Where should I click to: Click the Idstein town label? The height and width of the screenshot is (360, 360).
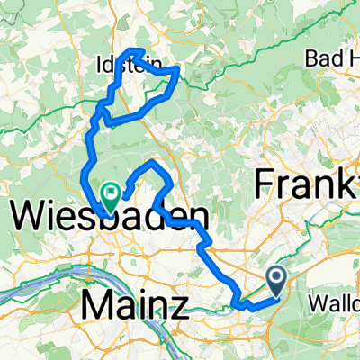[x=121, y=65]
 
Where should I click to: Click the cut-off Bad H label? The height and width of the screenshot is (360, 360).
[x=333, y=59]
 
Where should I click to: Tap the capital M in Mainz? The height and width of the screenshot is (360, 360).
[x=96, y=304]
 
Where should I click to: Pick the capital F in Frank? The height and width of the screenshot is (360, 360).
[x=268, y=184]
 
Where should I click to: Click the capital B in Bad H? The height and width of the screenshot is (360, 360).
[x=311, y=59]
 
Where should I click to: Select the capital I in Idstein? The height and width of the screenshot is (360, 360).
[x=98, y=65]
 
